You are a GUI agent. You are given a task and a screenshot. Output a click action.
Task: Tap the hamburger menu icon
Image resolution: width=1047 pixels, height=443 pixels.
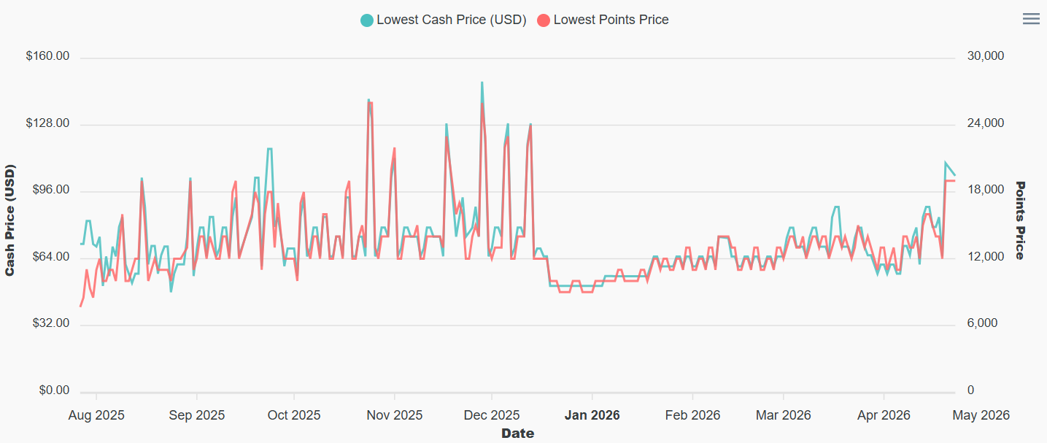[x=1031, y=19]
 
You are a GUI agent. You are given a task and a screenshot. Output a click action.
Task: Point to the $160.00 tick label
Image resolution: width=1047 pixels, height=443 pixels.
[x=47, y=56]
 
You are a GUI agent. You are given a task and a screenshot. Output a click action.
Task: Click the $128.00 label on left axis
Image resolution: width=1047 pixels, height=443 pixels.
[x=47, y=123]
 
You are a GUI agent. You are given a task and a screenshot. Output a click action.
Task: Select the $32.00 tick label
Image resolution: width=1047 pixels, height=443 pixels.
[x=50, y=324]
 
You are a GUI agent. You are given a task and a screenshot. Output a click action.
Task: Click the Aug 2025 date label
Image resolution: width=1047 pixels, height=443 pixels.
[x=96, y=415]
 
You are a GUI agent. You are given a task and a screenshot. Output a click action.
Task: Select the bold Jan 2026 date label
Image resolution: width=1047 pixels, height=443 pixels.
[x=592, y=415]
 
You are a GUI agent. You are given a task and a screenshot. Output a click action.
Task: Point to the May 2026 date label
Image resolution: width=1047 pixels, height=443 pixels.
[x=981, y=415]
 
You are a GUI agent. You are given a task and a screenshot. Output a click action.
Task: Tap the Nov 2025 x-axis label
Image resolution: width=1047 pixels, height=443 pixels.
[x=395, y=415]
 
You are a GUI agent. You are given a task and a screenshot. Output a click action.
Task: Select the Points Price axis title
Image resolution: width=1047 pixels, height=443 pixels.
[x=1020, y=220]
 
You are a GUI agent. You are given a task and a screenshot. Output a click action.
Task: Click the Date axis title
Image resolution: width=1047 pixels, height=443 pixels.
[x=517, y=434]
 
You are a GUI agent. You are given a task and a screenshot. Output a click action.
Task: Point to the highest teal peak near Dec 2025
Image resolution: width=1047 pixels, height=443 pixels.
[x=482, y=82]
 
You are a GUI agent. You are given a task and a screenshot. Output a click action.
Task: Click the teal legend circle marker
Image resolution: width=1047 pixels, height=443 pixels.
[x=367, y=20]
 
